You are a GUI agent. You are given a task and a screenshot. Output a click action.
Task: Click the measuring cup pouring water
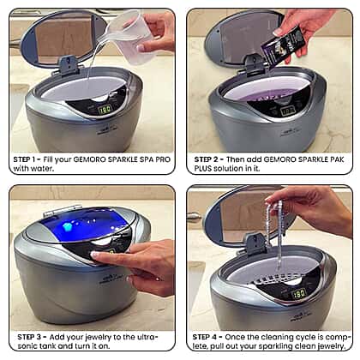tap(130, 36)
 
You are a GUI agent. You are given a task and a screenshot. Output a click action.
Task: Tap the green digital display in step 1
tap(105, 109)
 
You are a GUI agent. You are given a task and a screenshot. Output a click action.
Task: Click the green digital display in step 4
tap(299, 294)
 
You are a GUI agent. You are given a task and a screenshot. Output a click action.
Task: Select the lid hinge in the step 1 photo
tap(69, 65)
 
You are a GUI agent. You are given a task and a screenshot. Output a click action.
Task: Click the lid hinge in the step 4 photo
tap(256, 243)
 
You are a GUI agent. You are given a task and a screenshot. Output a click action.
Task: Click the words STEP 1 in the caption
tap(25, 159)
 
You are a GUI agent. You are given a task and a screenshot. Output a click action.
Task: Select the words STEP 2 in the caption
tap(206, 159)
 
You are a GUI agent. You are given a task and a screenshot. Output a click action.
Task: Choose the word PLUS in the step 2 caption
tap(203, 169)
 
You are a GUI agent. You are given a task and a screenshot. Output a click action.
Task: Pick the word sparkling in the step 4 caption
tap(273, 346)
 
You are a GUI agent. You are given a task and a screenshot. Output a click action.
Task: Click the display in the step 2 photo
tap(287, 111)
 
